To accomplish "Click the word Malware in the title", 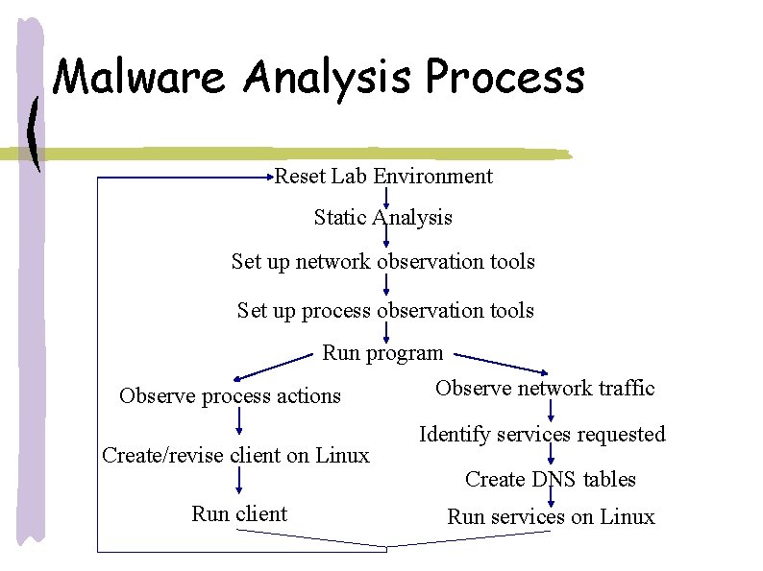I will (140, 77).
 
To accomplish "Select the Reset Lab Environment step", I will (383, 177).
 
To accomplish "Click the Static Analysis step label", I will (382, 218).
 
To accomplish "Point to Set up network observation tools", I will (382, 261).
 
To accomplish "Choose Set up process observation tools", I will (385, 311).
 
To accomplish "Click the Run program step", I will (382, 353).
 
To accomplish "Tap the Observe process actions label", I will (230, 396).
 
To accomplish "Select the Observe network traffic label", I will (545, 389).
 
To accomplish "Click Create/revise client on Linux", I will (235, 455).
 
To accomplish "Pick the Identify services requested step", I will (542, 435).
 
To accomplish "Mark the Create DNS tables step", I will (551, 479).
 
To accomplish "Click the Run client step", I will (239, 514).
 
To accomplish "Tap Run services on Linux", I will (551, 517).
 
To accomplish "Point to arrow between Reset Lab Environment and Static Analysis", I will (386, 198).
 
